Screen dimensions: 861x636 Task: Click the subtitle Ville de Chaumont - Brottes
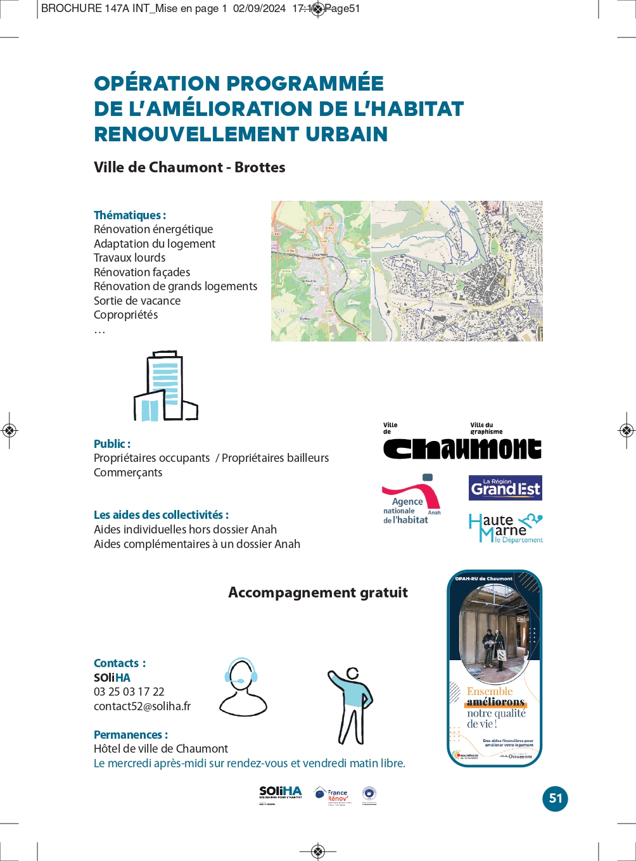(189, 167)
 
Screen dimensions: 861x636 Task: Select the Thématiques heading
(130, 215)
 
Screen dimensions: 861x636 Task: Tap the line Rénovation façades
(142, 272)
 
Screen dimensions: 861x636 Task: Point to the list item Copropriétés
(125, 315)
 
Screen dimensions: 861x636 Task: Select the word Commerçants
(128, 473)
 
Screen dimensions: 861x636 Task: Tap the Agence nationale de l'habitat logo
(411, 500)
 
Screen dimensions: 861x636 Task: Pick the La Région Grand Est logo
(506, 488)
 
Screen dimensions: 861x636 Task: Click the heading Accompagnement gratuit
(318, 592)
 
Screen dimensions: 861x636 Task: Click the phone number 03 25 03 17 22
(129, 692)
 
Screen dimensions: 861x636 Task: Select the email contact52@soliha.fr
(142, 706)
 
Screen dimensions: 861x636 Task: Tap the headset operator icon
(243, 687)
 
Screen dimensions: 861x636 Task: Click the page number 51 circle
(556, 798)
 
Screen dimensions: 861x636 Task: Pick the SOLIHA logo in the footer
(281, 794)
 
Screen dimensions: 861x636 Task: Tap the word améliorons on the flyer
(496, 703)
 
